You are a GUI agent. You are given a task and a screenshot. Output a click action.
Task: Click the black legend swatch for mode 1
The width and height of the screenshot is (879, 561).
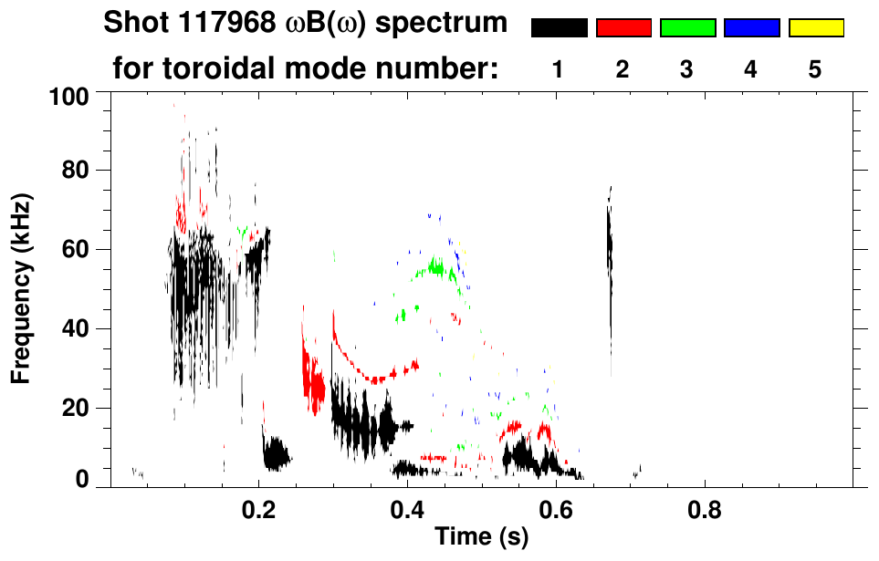click(559, 28)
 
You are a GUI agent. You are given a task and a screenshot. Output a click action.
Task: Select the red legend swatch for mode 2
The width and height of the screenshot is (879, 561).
click(623, 28)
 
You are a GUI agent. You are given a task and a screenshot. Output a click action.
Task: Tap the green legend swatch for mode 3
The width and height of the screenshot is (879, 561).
click(687, 28)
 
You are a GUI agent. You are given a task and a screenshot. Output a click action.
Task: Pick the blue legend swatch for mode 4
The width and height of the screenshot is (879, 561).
click(751, 28)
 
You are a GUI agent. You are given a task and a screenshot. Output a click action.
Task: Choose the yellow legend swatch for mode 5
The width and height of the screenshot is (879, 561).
click(815, 28)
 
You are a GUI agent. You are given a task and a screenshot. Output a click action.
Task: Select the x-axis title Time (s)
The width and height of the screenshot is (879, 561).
click(481, 537)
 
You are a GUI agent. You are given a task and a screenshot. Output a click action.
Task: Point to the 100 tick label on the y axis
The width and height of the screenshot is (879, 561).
click(68, 94)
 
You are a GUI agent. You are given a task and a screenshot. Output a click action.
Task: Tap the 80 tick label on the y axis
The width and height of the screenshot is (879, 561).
click(74, 171)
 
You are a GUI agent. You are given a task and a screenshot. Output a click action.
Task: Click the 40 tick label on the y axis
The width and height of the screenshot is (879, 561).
click(74, 328)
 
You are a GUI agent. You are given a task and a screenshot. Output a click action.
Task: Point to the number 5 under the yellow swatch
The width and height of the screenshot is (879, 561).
click(815, 69)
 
